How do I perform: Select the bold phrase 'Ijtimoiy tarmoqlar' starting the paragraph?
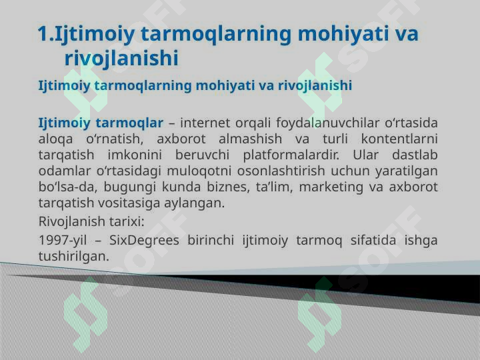[101, 123]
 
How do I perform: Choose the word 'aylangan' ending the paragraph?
[198, 203]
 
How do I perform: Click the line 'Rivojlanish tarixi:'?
[92, 221]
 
